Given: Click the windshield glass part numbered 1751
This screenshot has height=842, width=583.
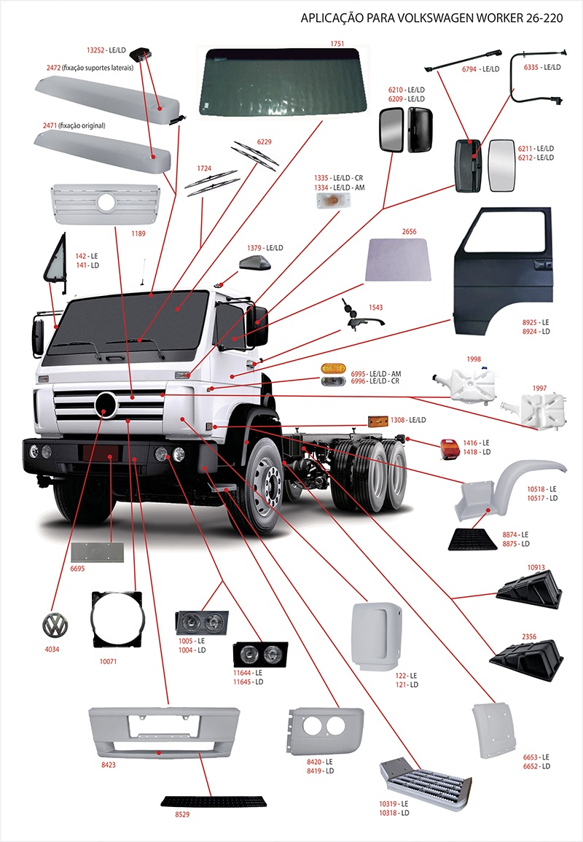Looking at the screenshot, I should pyautogui.click(x=284, y=80).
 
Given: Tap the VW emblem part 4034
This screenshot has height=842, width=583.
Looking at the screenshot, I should pyautogui.click(x=55, y=625).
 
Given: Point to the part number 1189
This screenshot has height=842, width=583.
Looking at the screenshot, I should pyautogui.click(x=138, y=234).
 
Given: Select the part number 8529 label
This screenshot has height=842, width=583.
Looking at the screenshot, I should pyautogui.click(x=182, y=814).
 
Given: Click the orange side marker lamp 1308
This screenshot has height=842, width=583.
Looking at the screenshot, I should pyautogui.click(x=377, y=421).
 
